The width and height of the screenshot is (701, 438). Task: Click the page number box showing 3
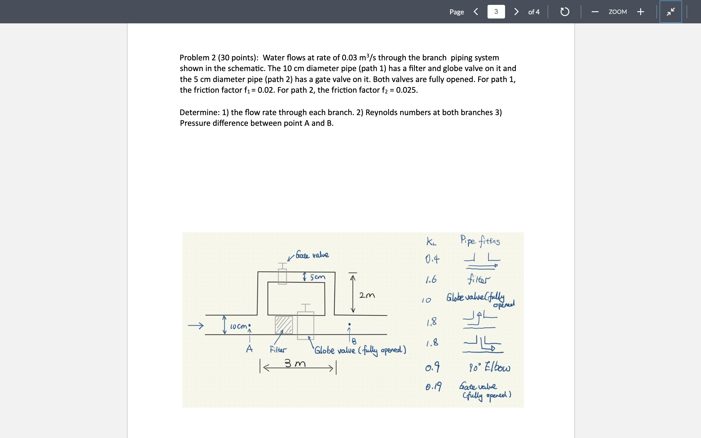click(x=496, y=12)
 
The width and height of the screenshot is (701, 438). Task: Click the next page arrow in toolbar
click(x=516, y=12)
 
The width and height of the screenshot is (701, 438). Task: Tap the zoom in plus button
click(x=640, y=12)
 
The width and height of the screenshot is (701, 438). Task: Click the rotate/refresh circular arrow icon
click(x=564, y=12)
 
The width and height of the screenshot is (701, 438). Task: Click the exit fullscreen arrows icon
click(x=671, y=12)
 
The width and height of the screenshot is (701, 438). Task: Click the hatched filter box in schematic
click(x=284, y=325)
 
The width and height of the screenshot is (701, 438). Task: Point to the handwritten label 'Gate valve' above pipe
click(x=312, y=255)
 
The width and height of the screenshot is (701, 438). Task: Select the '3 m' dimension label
click(x=295, y=363)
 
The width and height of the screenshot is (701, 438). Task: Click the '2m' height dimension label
click(x=367, y=295)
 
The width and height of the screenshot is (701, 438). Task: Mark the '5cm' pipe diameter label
click(x=317, y=277)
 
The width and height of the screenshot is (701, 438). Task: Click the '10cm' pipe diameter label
click(x=238, y=327)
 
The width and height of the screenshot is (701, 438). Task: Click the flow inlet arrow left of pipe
click(x=196, y=326)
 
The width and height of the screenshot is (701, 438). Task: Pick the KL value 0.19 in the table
click(x=433, y=386)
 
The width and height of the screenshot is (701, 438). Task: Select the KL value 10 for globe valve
click(x=426, y=300)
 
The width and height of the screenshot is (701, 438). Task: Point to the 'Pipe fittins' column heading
click(x=480, y=241)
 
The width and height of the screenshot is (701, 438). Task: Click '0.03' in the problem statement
click(x=349, y=58)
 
